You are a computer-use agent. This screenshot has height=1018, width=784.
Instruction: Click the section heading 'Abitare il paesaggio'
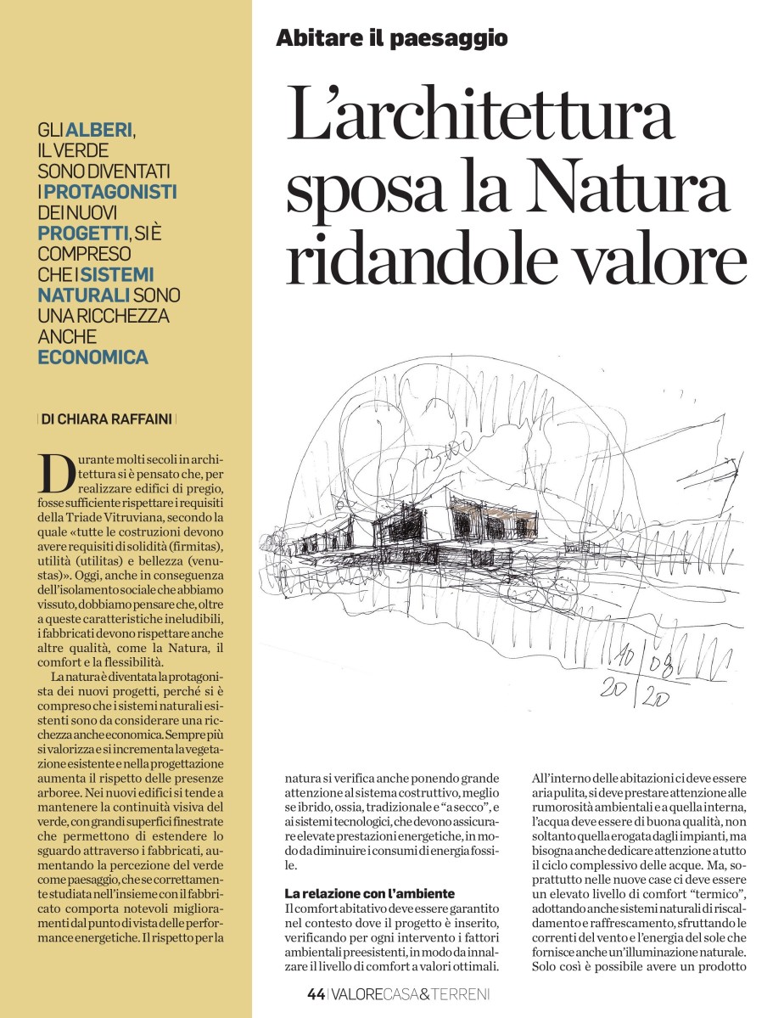392,38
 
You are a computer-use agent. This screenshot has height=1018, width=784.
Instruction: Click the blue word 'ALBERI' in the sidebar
99,131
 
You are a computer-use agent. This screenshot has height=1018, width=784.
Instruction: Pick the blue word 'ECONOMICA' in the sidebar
92,357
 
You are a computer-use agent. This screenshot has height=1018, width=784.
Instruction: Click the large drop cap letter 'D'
56,474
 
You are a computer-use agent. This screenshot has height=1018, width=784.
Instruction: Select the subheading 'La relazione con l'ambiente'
369,893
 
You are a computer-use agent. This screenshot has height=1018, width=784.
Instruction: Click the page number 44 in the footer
316,993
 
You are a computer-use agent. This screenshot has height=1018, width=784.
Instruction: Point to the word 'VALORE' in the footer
358,993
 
